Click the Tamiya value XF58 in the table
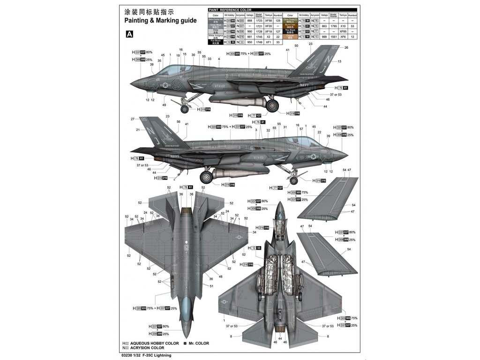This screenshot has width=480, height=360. tap(269, 21)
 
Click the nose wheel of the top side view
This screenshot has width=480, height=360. tap(185, 109)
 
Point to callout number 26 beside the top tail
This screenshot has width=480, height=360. tap(346, 47)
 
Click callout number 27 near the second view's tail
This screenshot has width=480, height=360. tap(133, 119)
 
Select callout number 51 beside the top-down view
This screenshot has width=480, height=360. tap(211, 286)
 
